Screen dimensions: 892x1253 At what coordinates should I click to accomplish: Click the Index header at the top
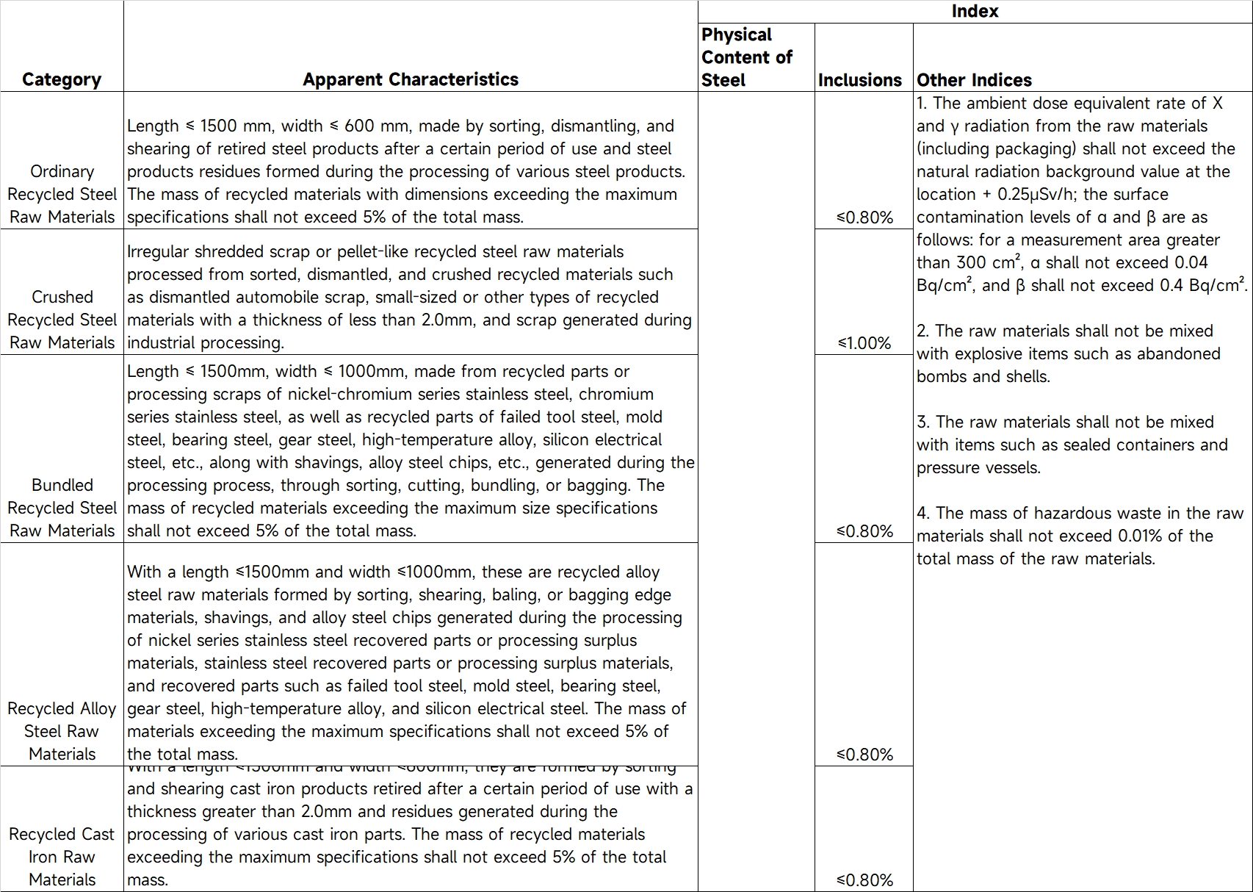(975, 11)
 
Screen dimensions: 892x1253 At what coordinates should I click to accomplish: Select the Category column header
(62, 79)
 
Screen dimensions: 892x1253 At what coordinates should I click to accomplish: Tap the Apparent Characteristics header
(411, 79)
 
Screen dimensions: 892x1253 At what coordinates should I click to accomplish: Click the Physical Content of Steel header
(746, 57)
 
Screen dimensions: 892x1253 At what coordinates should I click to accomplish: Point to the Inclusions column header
(859, 80)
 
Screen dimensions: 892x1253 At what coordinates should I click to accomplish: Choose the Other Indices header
(974, 80)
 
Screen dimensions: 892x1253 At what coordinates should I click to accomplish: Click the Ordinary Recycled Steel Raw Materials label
(62, 194)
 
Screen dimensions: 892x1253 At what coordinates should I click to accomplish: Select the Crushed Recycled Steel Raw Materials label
(62, 320)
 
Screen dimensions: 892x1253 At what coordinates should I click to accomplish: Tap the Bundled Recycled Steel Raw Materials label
(62, 508)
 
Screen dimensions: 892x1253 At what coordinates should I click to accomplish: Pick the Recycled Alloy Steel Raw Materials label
(62, 731)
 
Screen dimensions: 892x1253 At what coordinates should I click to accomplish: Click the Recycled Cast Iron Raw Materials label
(62, 857)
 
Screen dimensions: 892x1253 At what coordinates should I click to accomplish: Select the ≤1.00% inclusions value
(864, 343)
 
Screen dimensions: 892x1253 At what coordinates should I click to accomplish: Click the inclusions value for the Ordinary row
(864, 217)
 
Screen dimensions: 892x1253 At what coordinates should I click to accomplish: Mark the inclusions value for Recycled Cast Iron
(864, 880)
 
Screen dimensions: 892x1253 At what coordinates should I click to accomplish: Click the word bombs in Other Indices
(938, 377)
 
